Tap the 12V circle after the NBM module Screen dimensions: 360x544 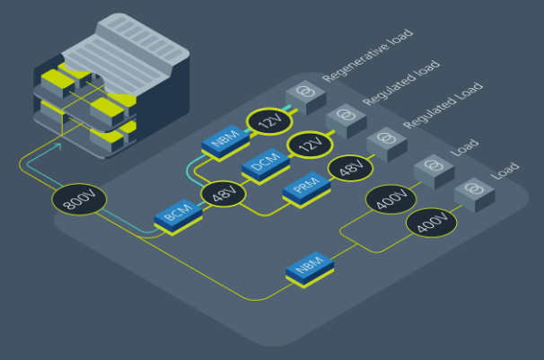pyautogui.click(x=268, y=120)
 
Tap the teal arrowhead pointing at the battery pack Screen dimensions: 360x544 pyautogui.click(x=59, y=145)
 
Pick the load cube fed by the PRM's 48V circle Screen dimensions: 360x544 pyautogui.click(x=387, y=144)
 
